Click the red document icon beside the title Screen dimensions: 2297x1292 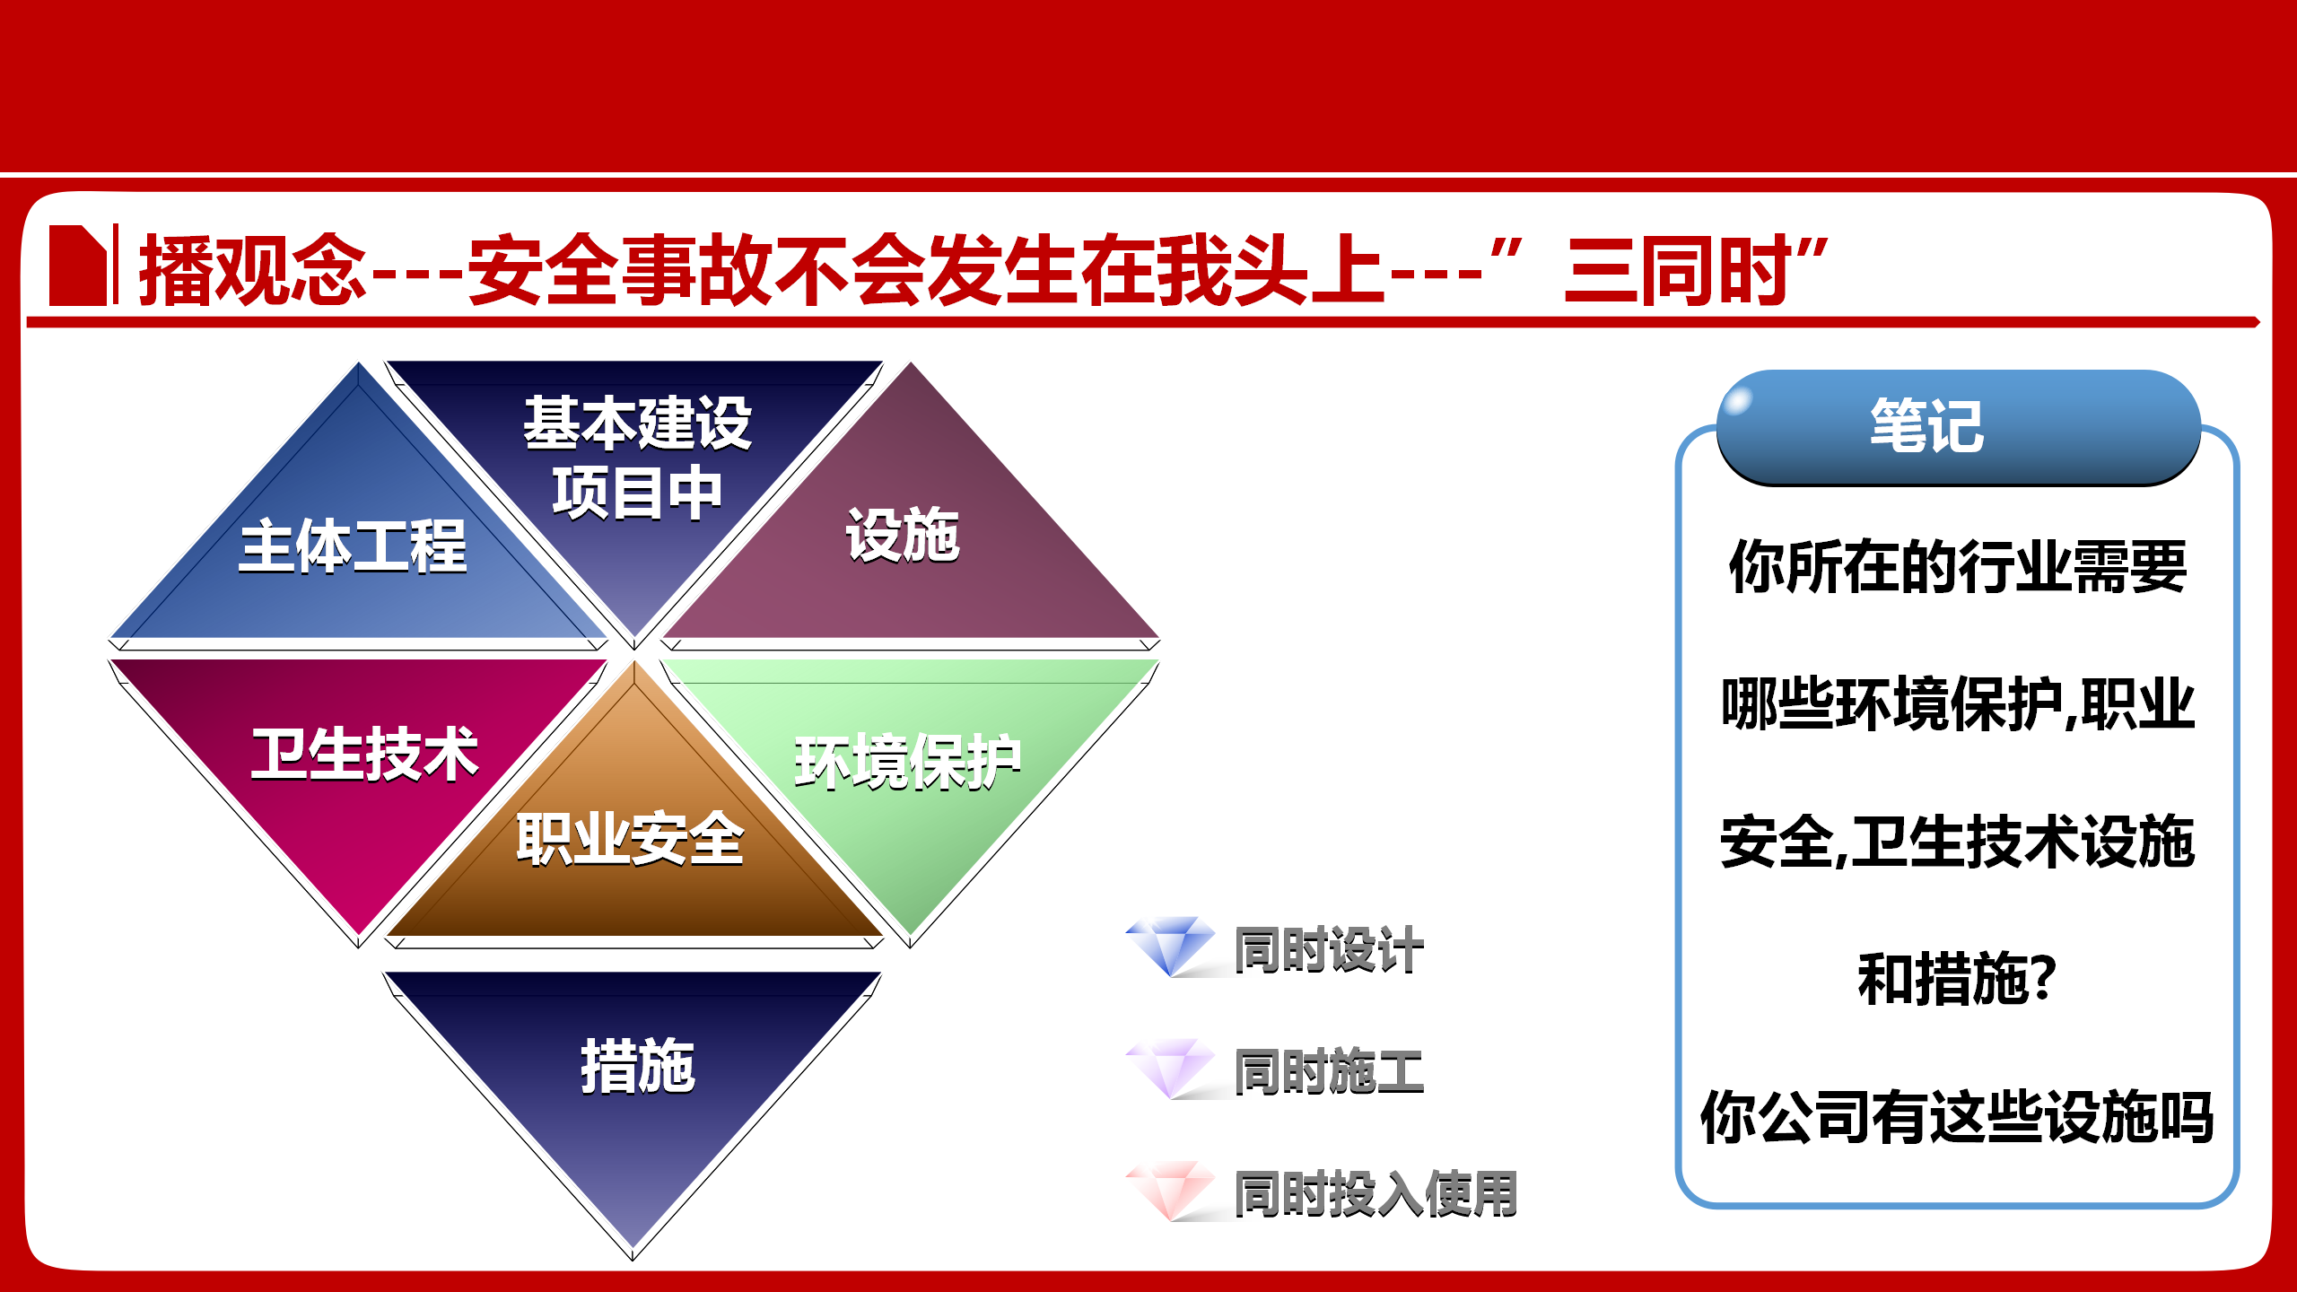[x=78, y=265]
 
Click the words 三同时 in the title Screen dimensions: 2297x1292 [x=1677, y=269]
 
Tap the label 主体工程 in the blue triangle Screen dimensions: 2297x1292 [x=354, y=546]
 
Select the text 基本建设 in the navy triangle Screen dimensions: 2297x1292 [x=638, y=423]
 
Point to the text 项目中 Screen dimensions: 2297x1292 [x=638, y=493]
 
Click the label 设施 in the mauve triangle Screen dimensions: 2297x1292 [x=904, y=535]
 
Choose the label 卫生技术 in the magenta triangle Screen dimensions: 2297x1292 [x=364, y=754]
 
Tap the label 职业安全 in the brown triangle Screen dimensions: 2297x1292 [x=630, y=839]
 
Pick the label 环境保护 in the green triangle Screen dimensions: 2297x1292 [x=908, y=762]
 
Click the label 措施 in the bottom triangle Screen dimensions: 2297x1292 [x=637, y=1067]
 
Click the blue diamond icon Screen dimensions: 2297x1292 [x=1170, y=946]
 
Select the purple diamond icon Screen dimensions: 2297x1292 [x=1170, y=1068]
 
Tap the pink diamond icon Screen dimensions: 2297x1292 [x=1170, y=1191]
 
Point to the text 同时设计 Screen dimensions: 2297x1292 [x=1329, y=949]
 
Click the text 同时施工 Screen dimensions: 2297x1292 [x=1329, y=1071]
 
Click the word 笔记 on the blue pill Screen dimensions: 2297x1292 [x=1927, y=425]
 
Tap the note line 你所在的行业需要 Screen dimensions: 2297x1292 [x=1958, y=566]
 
